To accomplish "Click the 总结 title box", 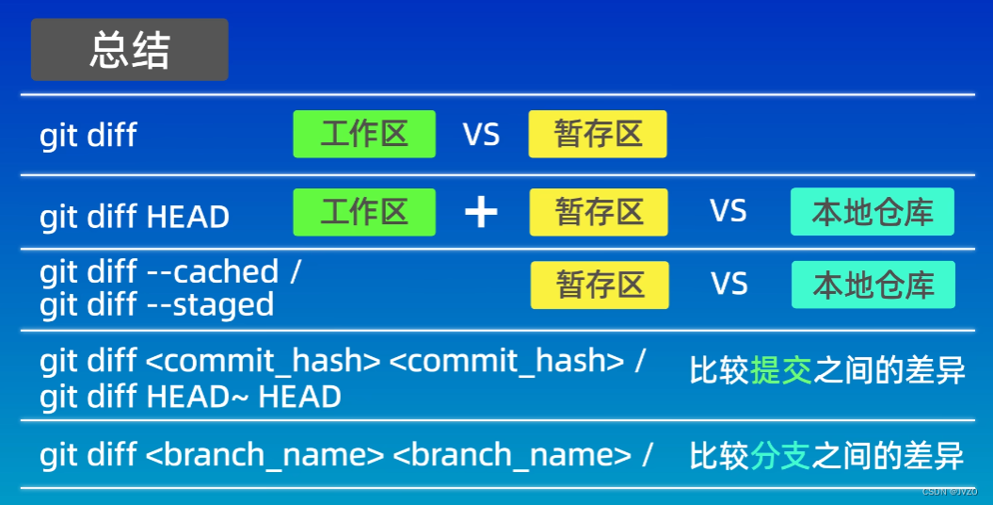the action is pos(130,50).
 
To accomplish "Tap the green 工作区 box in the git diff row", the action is pos(364,134).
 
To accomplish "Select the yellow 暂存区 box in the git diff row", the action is pos(598,134).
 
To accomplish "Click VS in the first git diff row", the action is pos(481,135).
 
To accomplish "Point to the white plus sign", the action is pos(481,213).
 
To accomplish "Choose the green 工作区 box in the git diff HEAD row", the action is pos(364,212).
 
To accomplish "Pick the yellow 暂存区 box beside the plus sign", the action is pos(599,212).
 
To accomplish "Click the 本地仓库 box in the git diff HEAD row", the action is pos(872,212).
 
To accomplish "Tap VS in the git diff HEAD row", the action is pos(729,211).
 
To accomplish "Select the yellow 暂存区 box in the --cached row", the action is pos(600,285).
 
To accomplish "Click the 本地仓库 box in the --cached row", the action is pos(873,285).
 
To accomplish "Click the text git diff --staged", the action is pos(157,305).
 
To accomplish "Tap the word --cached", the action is pos(213,272).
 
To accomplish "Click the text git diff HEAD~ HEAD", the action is pos(190,397).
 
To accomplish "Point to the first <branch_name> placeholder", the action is pos(264,456).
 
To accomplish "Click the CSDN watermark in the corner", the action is pos(949,492).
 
